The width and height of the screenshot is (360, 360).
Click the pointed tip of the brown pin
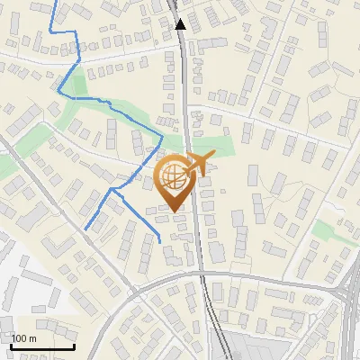(x=174, y=211)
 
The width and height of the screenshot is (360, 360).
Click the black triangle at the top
(x=181, y=24)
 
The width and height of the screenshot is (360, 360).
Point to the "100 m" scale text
(x=24, y=338)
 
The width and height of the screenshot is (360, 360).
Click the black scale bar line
(x=42, y=346)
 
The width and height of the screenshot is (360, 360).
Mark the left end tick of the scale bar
(x=11, y=345)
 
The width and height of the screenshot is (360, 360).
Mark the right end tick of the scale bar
(x=74, y=345)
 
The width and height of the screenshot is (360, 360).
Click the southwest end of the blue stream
(x=85, y=229)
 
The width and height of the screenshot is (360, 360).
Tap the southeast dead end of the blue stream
(x=160, y=242)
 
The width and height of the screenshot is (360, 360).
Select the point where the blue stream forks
(x=114, y=191)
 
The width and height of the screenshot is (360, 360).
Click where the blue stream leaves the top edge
(x=64, y=2)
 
